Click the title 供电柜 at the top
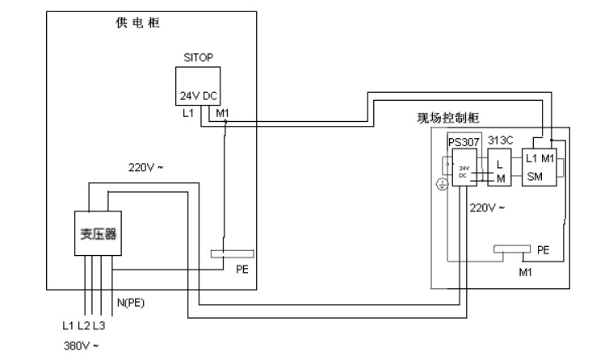pyautogui.click(x=138, y=22)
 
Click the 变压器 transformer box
pyautogui.click(x=97, y=233)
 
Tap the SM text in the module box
pyautogui.click(x=533, y=176)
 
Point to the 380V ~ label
pyautogui.click(x=82, y=345)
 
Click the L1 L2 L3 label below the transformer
pyautogui.click(x=83, y=326)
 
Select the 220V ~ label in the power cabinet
pyautogui.click(x=145, y=169)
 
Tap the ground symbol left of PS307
pyautogui.click(x=441, y=184)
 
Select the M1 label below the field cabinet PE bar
pyautogui.click(x=525, y=272)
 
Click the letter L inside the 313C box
pyautogui.click(x=500, y=163)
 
